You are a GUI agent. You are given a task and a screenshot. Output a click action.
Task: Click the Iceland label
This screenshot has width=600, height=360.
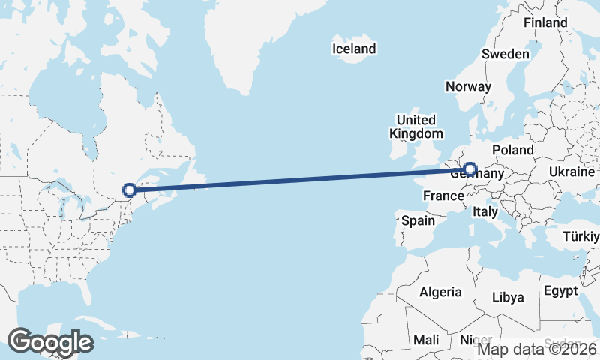tap(354, 49)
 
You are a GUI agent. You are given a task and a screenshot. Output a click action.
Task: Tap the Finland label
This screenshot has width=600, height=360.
tap(545, 22)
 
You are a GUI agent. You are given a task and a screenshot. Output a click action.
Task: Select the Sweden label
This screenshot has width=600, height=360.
tap(505, 54)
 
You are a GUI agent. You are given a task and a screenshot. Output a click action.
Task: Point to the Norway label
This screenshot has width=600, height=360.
tap(468, 86)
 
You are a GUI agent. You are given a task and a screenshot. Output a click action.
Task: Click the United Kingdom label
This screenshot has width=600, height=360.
tap(415, 127)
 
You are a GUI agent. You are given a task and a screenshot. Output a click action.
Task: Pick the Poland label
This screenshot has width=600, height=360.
tap(512, 150)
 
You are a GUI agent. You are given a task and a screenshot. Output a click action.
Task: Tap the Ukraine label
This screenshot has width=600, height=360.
tap(571, 172)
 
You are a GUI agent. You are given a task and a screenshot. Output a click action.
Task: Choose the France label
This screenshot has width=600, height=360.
tap(442, 196)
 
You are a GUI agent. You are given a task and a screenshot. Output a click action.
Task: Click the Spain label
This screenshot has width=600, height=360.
tap(418, 220)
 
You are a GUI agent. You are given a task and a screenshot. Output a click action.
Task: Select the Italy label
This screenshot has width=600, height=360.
tap(484, 212)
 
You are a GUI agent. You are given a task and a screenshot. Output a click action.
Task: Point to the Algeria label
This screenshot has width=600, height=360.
tap(440, 292)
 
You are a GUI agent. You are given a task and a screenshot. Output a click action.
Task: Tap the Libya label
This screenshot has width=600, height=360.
tap(508, 297)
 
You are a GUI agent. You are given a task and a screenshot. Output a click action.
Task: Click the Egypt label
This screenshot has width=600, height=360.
tap(560, 290)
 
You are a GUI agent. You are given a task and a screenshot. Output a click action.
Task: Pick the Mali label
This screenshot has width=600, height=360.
tap(427, 340)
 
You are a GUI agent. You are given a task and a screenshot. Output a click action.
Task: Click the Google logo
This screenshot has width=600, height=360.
tap(50, 342)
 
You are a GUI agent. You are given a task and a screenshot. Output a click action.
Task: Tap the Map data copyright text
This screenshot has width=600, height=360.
tap(537, 349)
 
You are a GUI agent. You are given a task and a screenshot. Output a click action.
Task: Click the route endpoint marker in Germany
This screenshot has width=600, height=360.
tap(470, 170)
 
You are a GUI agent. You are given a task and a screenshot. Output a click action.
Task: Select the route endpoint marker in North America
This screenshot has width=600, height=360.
tap(129, 190)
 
